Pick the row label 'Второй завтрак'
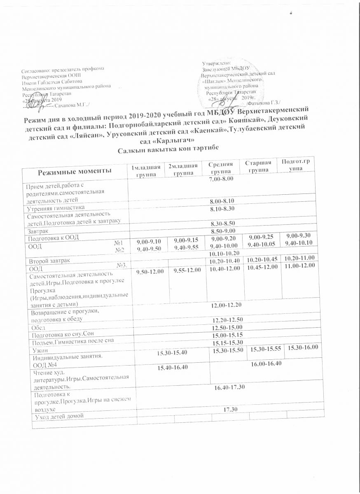coord(49,261)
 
